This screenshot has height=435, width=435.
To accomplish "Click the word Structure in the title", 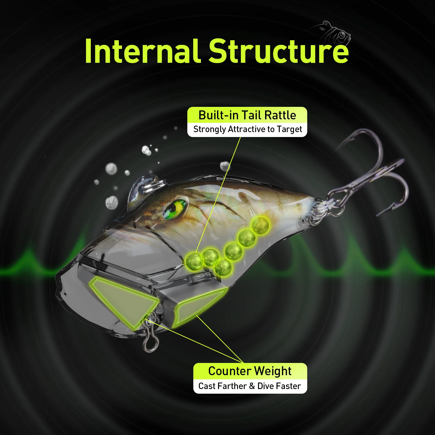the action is pyautogui.click(x=279, y=51).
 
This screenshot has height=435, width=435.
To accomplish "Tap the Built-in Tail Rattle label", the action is pyautogui.click(x=247, y=115).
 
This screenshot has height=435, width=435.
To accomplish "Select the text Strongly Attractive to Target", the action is pyautogui.click(x=248, y=129).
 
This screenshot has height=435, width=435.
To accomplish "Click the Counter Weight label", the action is pyautogui.click(x=250, y=371).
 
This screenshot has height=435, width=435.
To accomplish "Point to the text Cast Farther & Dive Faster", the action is pyautogui.click(x=250, y=386).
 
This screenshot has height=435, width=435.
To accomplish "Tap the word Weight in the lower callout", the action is pyautogui.click(x=273, y=371).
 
